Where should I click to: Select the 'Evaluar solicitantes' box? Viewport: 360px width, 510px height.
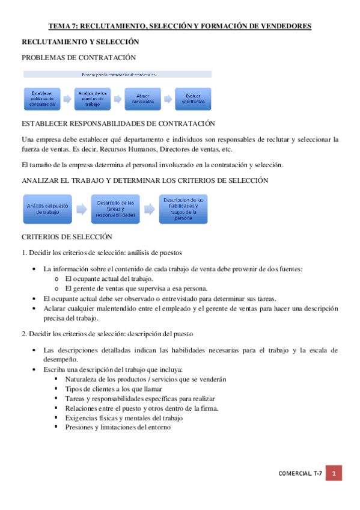[193, 98]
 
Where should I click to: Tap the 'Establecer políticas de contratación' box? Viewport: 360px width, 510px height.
[43, 98]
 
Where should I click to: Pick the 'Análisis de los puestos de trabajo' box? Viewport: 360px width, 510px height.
[92, 98]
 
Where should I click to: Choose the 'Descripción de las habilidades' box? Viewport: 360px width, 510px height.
[183, 209]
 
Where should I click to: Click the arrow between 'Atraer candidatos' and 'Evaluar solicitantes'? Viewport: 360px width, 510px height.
[168, 98]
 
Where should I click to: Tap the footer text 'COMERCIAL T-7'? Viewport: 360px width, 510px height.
[301, 474]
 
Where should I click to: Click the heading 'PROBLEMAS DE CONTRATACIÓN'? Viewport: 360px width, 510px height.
[79, 58]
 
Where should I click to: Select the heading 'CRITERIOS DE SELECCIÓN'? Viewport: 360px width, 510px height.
[67, 238]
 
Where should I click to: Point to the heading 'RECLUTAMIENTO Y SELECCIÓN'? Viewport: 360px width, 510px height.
[80, 41]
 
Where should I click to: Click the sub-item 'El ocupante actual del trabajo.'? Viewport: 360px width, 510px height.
[109, 278]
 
